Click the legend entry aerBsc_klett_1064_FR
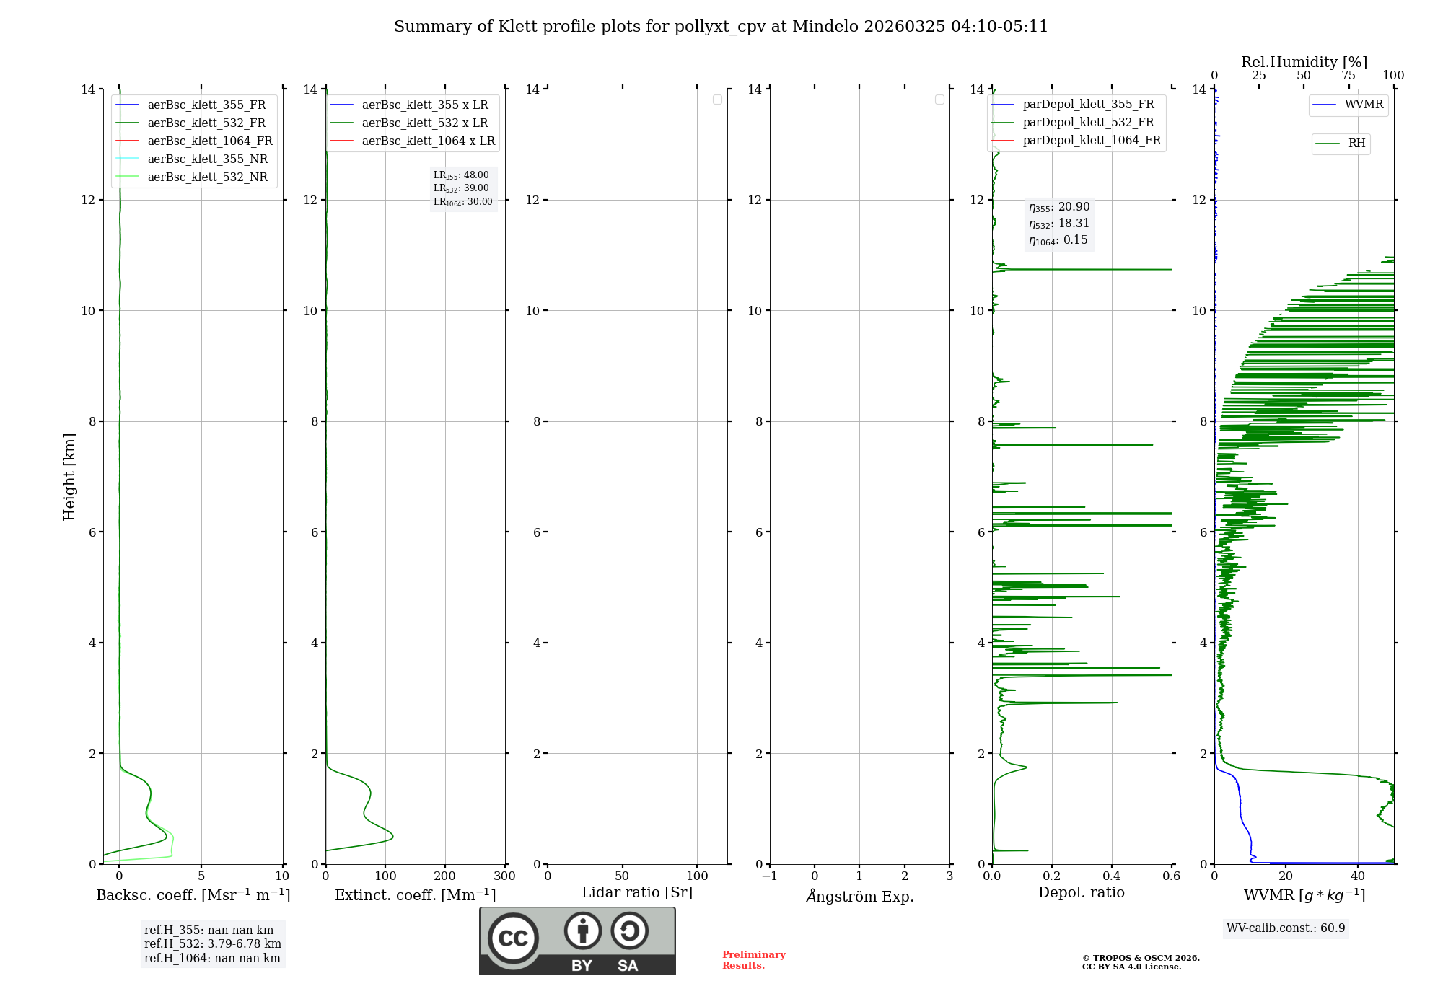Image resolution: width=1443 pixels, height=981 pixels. [210, 141]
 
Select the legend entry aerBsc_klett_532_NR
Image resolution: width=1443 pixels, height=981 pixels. [207, 177]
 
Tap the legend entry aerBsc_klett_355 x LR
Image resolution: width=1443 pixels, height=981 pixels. [424, 105]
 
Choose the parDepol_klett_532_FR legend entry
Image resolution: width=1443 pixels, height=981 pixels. [1088, 123]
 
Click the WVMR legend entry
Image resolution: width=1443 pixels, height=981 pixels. [1364, 105]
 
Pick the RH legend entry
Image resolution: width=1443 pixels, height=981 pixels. [1356, 144]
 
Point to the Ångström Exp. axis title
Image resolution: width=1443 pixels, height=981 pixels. [859, 896]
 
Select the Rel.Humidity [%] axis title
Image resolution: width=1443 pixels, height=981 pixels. [1304, 62]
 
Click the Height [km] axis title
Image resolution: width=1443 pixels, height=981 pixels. [69, 476]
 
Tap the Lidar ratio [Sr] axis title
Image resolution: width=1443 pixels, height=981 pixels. [637, 892]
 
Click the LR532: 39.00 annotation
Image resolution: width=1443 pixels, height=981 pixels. [461, 188]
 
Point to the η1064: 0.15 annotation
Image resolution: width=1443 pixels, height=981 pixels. [1058, 240]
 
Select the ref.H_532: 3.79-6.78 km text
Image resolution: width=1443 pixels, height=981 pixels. [212, 943]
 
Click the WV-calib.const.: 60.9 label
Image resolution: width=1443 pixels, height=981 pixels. [1286, 928]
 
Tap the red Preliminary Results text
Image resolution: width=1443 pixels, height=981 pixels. [753, 959]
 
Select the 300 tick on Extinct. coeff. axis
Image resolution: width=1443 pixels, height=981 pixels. [504, 876]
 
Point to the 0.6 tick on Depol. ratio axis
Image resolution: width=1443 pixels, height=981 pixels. [1171, 876]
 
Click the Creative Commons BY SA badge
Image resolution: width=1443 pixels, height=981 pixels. [577, 941]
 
